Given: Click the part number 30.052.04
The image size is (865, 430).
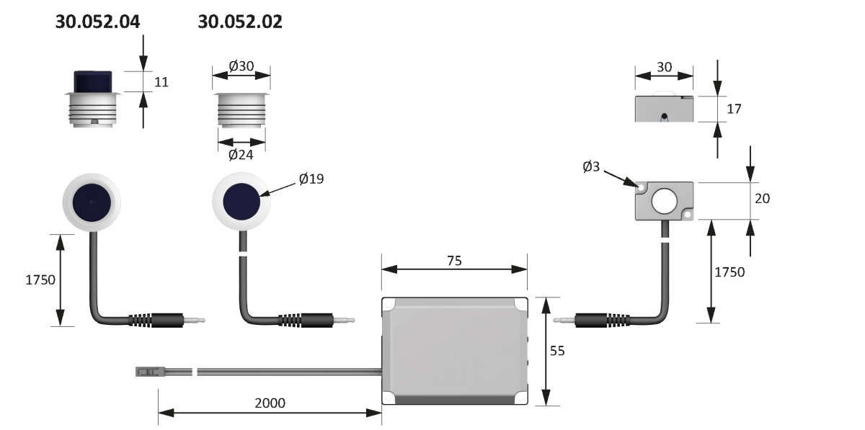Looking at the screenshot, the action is pos(97,22).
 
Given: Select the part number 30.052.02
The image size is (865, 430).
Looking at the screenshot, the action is pos(240,22).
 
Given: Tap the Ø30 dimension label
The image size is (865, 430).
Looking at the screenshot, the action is pos(241,66).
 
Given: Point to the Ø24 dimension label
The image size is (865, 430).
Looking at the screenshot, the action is pos(241,155).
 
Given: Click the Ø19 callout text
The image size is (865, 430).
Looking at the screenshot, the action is pos(311,179).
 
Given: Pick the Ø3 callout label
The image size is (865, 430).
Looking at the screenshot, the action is pos(591,167).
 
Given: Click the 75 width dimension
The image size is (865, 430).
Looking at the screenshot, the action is pos(454,261).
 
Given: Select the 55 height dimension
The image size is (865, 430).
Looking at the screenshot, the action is pos(557,351).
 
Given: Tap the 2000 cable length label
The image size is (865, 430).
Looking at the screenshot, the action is pos(270,403).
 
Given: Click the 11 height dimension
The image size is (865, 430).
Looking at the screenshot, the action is pos(161,82).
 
